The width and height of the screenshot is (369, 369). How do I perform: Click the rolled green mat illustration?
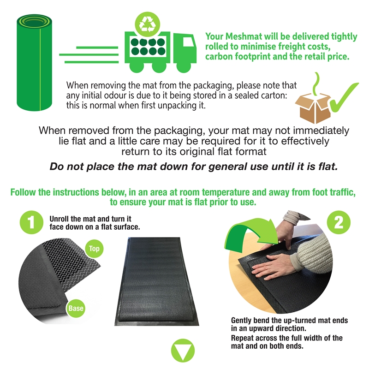pyautogui.click(x=34, y=63)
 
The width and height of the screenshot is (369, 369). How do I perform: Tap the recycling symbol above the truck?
pyautogui.click(x=147, y=24)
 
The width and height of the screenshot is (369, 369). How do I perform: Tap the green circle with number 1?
pyautogui.click(x=31, y=222)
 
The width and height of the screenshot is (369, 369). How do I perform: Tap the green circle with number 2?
pyautogui.click(x=339, y=222)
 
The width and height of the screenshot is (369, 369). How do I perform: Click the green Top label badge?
pyautogui.click(x=94, y=249)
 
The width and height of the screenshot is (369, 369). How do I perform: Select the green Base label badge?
pyautogui.click(x=76, y=308)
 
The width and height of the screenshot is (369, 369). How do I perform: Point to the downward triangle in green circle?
pyautogui.click(x=183, y=351)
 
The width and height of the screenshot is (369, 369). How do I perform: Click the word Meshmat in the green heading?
pyautogui.click(x=244, y=36)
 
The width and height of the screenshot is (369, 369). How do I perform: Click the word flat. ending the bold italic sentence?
pyautogui.click(x=328, y=167)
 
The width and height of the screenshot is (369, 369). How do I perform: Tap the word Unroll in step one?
pyautogui.click(x=59, y=219)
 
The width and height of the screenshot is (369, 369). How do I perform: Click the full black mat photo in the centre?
pyautogui.click(x=157, y=281)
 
